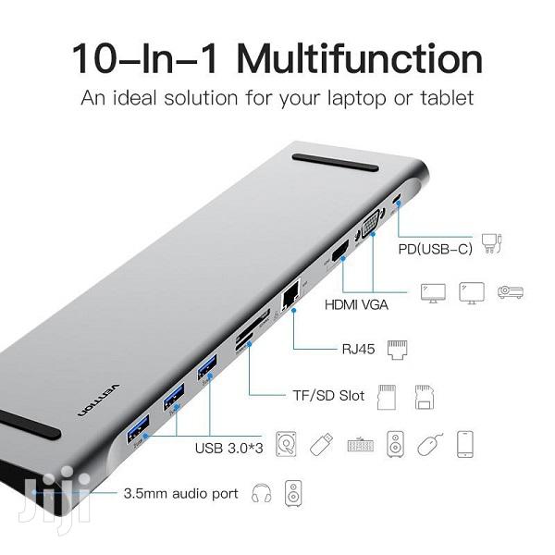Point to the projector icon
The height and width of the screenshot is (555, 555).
[510, 292]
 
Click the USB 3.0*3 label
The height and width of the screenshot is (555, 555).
[228, 448]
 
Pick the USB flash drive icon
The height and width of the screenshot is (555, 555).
[319, 445]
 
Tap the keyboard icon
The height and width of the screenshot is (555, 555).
[360, 446]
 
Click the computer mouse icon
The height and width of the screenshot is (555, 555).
[428, 445]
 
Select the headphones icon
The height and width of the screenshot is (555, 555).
[261, 493]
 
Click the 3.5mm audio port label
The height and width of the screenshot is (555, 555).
[180, 494]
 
